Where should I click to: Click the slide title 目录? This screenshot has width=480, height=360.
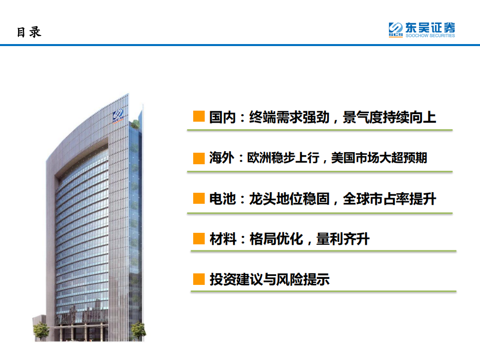click(x=29, y=33)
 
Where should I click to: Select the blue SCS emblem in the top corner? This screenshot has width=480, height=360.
click(x=396, y=30)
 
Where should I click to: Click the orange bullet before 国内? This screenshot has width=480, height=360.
click(x=199, y=117)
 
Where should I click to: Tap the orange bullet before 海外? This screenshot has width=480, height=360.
click(x=199, y=158)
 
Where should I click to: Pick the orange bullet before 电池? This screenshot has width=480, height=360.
click(x=199, y=199)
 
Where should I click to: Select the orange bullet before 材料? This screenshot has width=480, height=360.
click(x=199, y=239)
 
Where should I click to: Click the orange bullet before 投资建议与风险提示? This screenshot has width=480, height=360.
click(x=199, y=279)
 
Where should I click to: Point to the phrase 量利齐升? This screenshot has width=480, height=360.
click(x=343, y=239)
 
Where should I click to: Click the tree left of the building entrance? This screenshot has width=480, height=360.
click(x=41, y=331)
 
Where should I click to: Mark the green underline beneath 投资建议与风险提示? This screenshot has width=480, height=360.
click(x=323, y=291)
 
